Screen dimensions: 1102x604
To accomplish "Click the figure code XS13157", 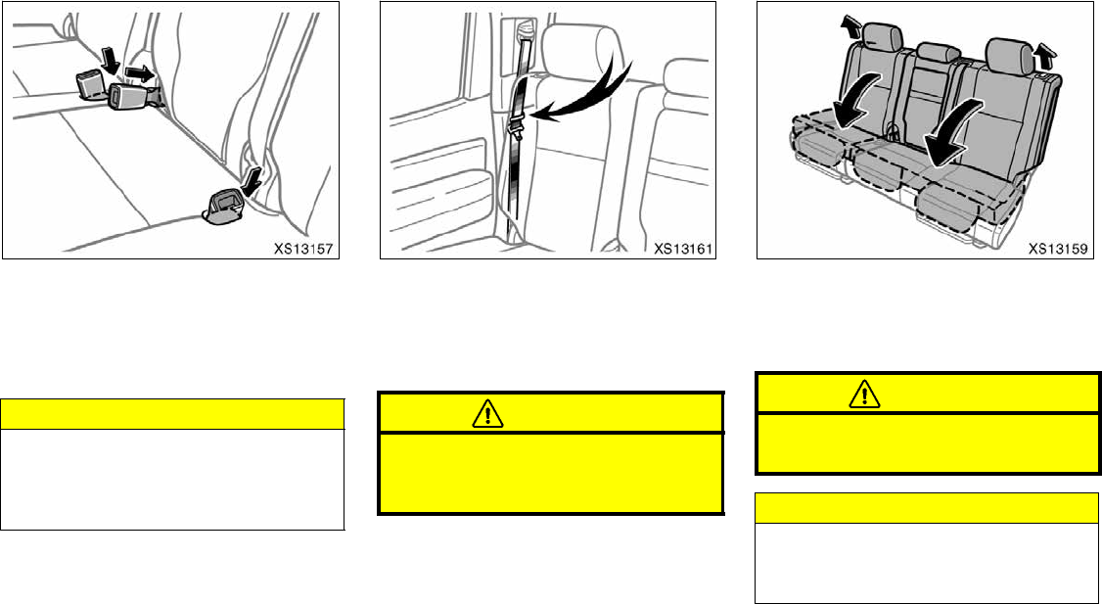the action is click(306, 249).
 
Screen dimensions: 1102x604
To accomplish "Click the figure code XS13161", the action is click(685, 249).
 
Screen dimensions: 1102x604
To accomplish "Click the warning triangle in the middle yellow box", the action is click(484, 414).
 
